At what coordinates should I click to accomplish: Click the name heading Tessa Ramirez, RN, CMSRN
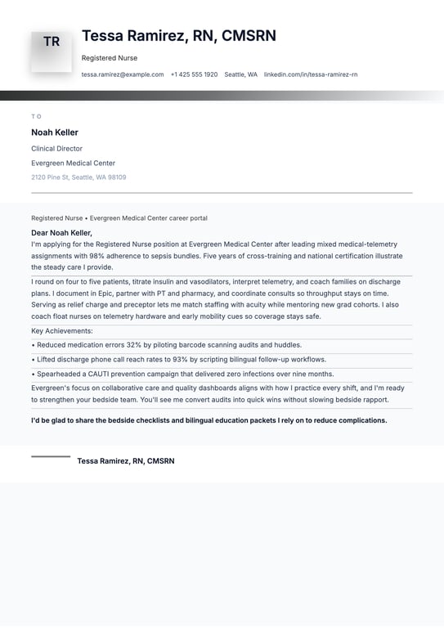point(179,36)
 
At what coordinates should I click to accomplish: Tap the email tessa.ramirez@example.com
point(123,74)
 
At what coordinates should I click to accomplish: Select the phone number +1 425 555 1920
point(194,74)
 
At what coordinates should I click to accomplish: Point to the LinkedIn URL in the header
point(311,74)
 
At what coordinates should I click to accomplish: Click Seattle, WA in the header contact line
point(241,74)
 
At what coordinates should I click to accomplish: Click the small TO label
point(36,116)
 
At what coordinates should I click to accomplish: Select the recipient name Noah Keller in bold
point(55,132)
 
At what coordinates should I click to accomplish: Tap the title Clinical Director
point(56,149)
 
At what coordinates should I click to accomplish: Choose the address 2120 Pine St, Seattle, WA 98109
point(78,177)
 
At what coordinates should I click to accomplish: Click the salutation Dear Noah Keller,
point(61,233)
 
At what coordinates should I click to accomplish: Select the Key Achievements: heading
point(62,331)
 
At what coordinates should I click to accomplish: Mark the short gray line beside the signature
point(51,456)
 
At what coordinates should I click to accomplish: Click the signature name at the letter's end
point(126,461)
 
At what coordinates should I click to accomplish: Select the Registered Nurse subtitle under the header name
point(110,58)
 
